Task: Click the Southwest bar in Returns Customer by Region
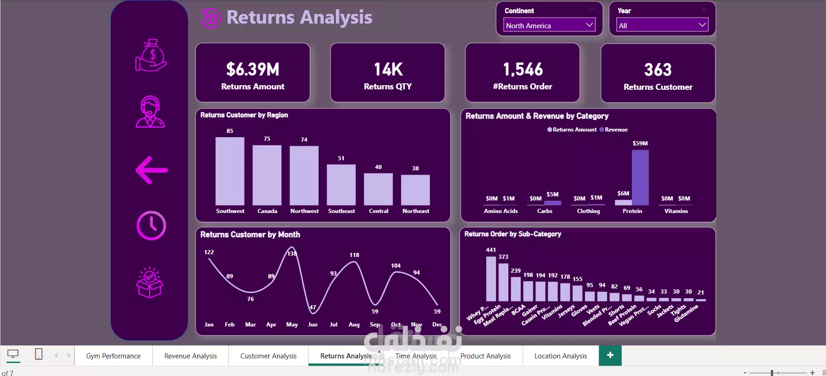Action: coord(230,171)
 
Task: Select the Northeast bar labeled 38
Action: coord(415,190)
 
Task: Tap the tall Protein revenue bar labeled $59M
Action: coord(640,177)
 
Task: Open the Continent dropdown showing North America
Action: coord(549,25)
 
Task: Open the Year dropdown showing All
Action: coord(662,25)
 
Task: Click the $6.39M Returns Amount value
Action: coord(253,69)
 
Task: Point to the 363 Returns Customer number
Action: coord(658,70)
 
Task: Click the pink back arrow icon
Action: coord(151,170)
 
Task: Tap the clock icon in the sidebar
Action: coord(151,226)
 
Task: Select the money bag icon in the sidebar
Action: coord(151,56)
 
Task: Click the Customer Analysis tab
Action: coord(268,356)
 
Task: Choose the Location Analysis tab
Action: coord(561,356)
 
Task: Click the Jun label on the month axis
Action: coord(313,325)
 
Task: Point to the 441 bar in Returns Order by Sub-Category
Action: coord(491,279)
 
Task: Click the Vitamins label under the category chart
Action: coord(676,211)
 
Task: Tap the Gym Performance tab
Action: coord(113,356)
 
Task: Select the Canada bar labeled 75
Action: coord(267,175)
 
